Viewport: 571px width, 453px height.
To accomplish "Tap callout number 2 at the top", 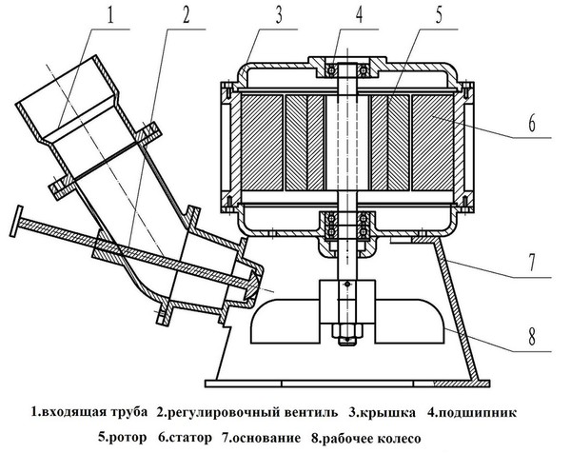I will pos(186,16).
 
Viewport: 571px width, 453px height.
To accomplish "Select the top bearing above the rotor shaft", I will pos(344,69).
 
